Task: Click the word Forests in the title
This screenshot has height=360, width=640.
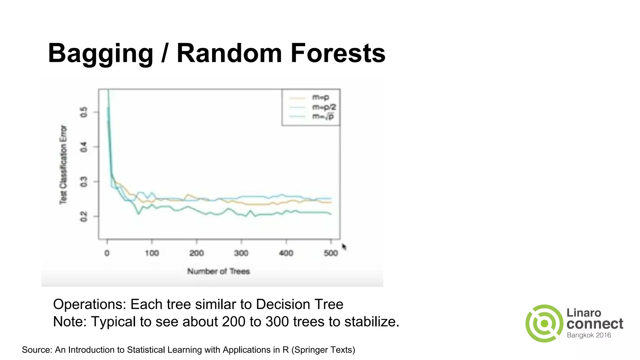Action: point(338,53)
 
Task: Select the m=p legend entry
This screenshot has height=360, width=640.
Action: point(321,97)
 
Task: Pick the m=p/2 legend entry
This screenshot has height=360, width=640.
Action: point(324,107)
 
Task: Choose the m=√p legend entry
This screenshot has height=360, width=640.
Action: point(323,117)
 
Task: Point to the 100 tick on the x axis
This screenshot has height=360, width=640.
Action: point(152,253)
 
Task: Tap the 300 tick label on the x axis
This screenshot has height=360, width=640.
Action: point(241,253)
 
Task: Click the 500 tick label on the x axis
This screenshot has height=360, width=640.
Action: point(331,253)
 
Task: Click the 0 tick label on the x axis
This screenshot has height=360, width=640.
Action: point(107,253)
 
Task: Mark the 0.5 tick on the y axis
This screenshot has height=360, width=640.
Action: point(84,112)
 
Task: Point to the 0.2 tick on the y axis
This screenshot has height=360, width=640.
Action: point(84,216)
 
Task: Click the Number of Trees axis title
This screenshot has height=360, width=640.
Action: point(218,271)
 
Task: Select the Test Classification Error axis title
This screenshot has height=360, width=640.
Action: point(63,165)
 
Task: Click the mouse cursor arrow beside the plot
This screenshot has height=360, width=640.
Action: point(344,247)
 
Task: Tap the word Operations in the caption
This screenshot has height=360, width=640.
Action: point(89,304)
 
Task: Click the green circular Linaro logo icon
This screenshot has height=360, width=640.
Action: point(544,323)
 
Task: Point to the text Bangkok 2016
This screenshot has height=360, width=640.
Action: point(589,335)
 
